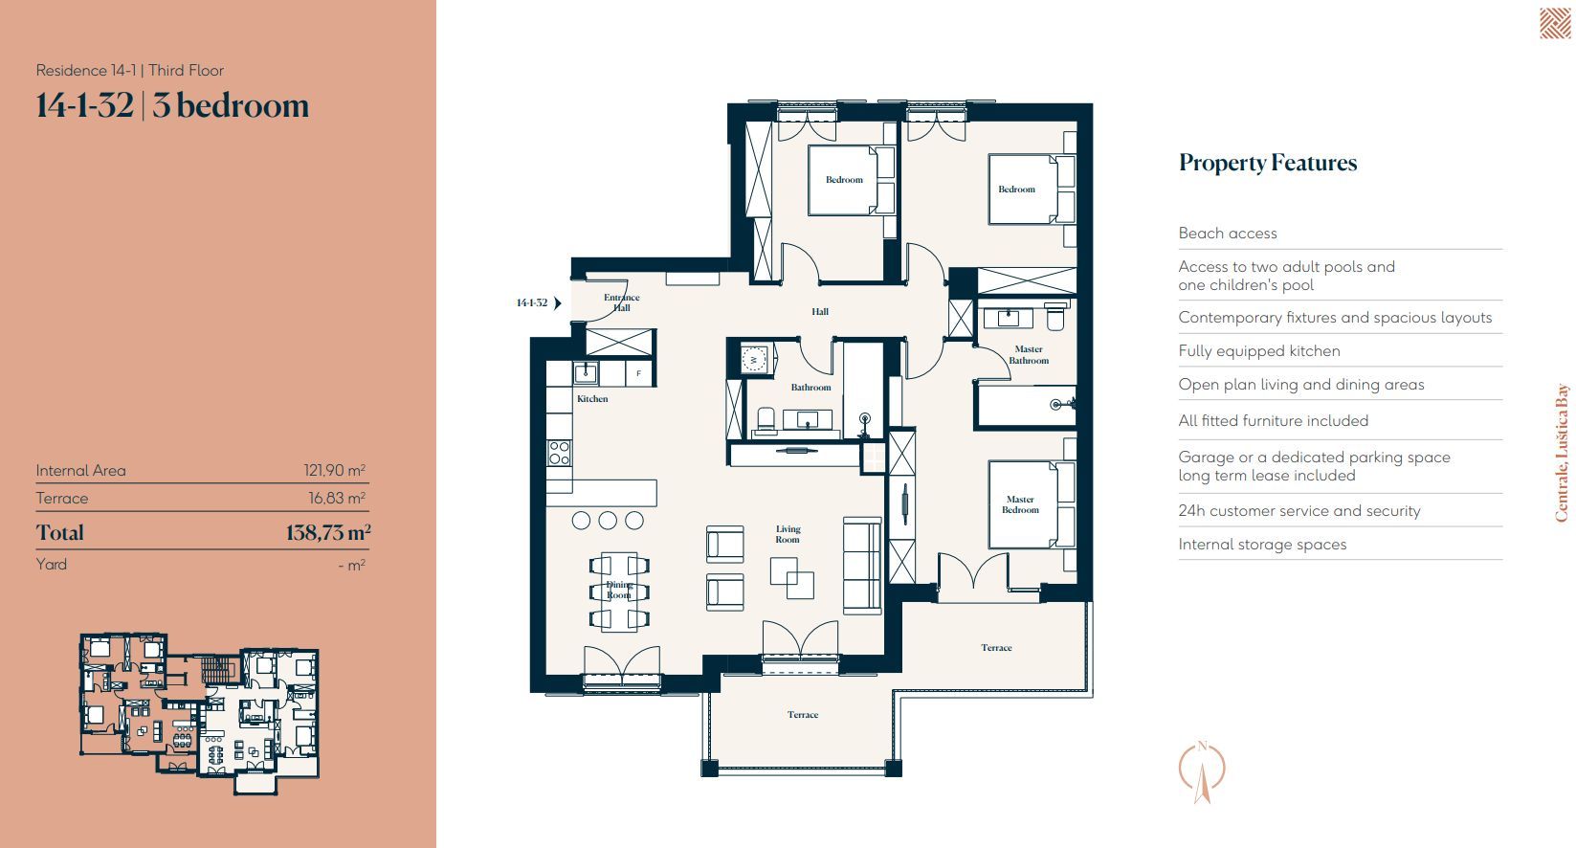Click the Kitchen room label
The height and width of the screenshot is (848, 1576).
point(591,399)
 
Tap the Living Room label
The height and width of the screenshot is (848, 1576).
point(788,534)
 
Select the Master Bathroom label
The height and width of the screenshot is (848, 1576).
point(1029,355)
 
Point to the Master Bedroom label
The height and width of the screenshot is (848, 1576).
point(1020,504)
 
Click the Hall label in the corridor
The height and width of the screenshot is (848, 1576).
point(820,312)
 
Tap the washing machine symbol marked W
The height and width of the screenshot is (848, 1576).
point(754,360)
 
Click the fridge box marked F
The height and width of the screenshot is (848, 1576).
point(639,373)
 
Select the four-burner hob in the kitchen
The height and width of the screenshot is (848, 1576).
point(560,454)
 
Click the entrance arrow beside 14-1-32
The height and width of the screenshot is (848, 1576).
point(558,303)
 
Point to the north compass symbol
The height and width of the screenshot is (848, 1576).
point(1202,771)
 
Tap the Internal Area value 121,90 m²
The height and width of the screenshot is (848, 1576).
point(334,470)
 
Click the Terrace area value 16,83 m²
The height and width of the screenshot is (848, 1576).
point(336,499)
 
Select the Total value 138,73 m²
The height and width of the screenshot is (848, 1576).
point(328,532)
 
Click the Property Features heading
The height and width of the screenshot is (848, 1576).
point(1268,163)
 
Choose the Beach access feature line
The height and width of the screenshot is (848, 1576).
point(1227,233)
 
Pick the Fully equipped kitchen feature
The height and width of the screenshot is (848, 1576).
point(1258,350)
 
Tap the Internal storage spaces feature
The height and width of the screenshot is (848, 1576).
point(1262,544)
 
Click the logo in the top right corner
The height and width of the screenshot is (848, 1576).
point(1554,24)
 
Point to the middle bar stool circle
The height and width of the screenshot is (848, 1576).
point(608,521)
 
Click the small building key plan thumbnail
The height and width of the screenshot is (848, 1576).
point(199,713)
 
